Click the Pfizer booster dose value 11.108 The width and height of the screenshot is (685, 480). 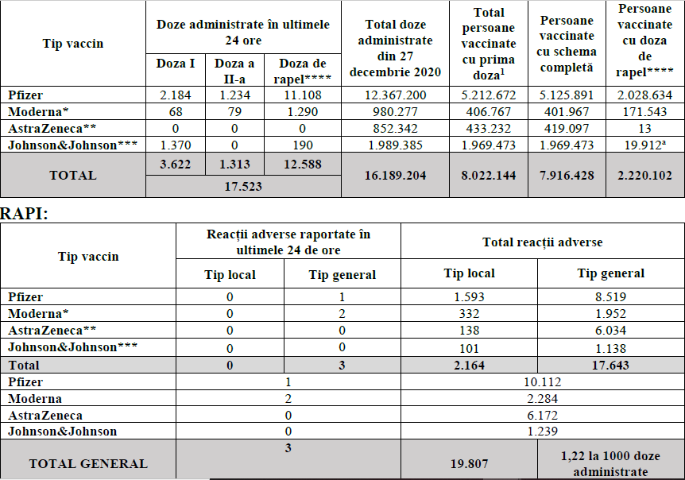[x=302, y=95]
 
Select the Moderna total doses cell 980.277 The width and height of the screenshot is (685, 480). [x=395, y=112]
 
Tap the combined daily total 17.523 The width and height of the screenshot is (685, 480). [x=243, y=187]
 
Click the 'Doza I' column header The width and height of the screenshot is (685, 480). [x=175, y=64]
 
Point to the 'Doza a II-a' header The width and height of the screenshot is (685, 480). [x=234, y=71]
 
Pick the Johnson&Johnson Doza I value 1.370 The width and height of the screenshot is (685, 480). [x=175, y=145]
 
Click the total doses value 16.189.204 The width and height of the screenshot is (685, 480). [x=395, y=176]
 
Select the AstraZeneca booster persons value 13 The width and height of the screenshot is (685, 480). [x=644, y=129]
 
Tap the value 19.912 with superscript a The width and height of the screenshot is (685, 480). [x=644, y=145]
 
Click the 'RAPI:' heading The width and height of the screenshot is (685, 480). [x=24, y=214]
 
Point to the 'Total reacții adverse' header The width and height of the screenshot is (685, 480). [x=542, y=242]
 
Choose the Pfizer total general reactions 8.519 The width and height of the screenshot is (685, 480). [x=610, y=297]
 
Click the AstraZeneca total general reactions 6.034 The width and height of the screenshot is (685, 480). [x=610, y=331]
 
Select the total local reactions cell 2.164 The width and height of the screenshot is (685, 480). [x=469, y=365]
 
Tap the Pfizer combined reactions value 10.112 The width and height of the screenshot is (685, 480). [x=542, y=382]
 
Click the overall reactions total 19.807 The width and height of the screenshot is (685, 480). [x=469, y=464]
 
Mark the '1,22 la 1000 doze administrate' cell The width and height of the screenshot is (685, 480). [x=610, y=464]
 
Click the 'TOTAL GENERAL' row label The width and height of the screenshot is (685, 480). [x=88, y=464]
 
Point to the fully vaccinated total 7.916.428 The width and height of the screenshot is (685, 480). [x=567, y=176]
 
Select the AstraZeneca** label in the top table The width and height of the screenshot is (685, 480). [x=52, y=129]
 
